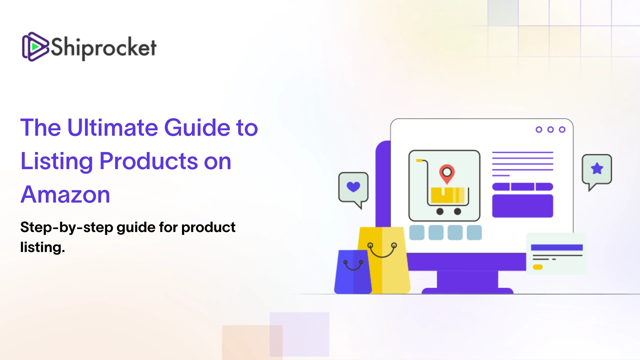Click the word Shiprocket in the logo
pyautogui.click(x=103, y=48)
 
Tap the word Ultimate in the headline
pyautogui.click(x=113, y=127)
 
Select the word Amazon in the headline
pyautogui.click(x=65, y=195)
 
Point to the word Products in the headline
pyautogui.click(x=149, y=161)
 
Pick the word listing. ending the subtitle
pyautogui.click(x=43, y=247)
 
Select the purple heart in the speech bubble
pyautogui.click(x=353, y=187)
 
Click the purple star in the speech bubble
pyautogui.click(x=597, y=169)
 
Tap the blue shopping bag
pyautogui.click(x=353, y=272)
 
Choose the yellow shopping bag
pyautogui.click(x=384, y=260)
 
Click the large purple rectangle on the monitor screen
pyautogui.click(x=523, y=206)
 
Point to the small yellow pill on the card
pyautogui.click(x=538, y=267)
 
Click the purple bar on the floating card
pyautogui.click(x=557, y=247)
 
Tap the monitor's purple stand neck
pyautogui.click(x=467, y=279)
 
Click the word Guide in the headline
pyautogui.click(x=197, y=127)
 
